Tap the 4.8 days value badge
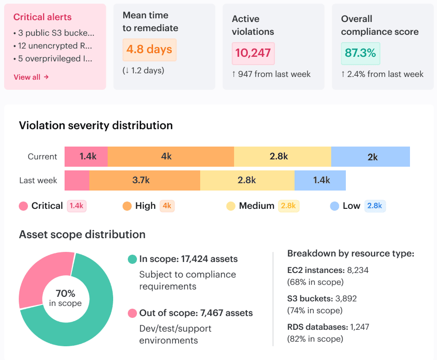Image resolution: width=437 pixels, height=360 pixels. point(149,49)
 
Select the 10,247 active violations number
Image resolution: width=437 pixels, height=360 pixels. point(253,53)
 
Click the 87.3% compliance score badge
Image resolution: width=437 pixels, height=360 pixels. point(361,53)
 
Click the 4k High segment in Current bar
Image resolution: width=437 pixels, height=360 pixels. point(170,157)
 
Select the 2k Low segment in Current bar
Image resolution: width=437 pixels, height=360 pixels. point(371,157)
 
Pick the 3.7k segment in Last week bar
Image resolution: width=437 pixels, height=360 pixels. point(145,180)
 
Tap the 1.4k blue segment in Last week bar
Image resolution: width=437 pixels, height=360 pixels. point(320,180)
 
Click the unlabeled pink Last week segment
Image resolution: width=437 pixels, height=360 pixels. point(77,180)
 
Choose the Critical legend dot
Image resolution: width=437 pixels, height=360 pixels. point(23,206)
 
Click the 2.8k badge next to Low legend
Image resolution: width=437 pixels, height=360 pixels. point(375,206)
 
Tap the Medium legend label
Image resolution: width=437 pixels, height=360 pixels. point(257,206)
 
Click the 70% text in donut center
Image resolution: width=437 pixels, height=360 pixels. point(66,294)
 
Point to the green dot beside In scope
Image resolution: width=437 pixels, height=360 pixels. point(132,259)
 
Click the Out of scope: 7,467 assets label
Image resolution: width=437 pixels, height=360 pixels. point(196,313)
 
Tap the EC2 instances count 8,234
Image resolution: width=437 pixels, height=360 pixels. point(358,270)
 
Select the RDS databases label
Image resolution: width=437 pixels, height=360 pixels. point(318,327)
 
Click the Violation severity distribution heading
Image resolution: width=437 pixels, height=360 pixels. point(96,125)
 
